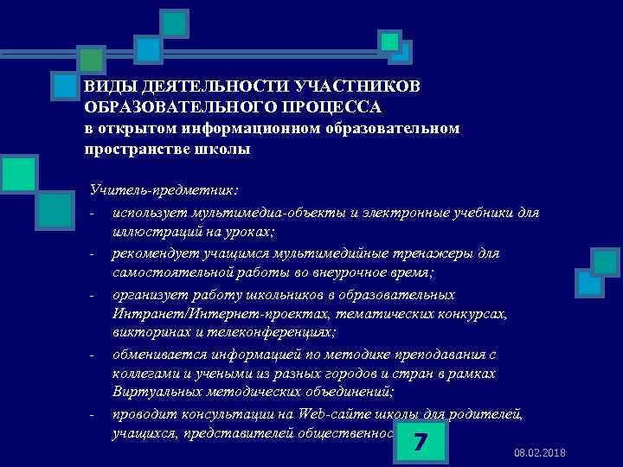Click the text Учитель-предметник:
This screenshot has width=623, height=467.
pyautogui.click(x=164, y=189)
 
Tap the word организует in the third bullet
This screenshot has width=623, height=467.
pyautogui.click(x=149, y=295)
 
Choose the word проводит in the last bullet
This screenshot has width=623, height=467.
pyautogui.click(x=142, y=413)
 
